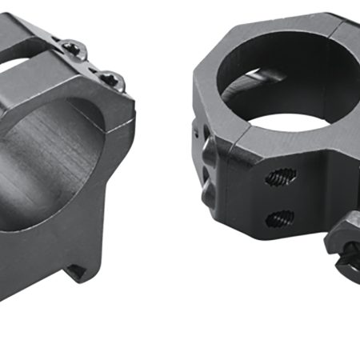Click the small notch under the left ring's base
79,270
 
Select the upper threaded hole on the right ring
280,175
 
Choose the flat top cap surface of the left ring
48,76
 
